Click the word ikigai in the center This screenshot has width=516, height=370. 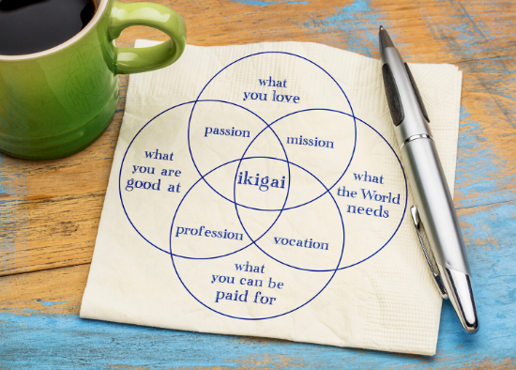point(262,181)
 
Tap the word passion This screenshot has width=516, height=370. point(227,131)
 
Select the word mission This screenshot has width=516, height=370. point(310,142)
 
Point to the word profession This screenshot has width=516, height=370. point(209,233)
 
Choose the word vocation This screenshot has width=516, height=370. point(301,243)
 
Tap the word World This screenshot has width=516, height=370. point(380,196)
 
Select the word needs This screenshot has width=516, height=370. point(368,210)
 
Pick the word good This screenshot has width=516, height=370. point(144,184)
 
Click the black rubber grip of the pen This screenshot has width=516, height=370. point(394,93)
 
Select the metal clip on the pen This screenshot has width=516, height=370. point(428,251)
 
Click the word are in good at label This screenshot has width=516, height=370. point(171,172)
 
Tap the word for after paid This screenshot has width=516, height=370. point(265,298)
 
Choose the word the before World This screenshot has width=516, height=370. point(347,192)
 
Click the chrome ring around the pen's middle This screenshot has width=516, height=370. point(417,138)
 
